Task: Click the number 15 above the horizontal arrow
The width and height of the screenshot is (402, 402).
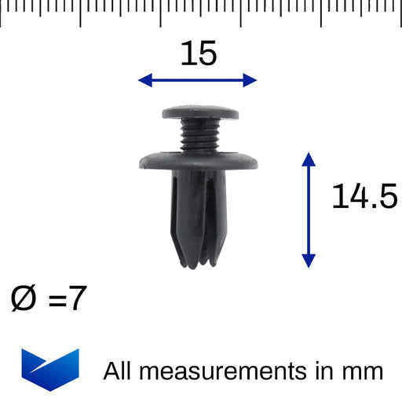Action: [199, 53]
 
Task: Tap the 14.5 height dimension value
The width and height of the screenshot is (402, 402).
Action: [364, 196]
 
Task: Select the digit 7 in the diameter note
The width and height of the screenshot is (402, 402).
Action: [78, 298]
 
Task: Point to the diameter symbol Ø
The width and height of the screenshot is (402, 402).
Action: [23, 298]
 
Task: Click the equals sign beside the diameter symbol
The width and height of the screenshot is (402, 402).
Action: [57, 300]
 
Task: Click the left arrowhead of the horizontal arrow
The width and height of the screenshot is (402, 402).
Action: [145, 80]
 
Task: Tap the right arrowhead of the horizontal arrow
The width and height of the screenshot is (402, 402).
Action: [250, 80]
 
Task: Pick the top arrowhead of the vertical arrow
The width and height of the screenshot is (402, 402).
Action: [309, 159]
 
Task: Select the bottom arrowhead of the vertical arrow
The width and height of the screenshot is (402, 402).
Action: [309, 261]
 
